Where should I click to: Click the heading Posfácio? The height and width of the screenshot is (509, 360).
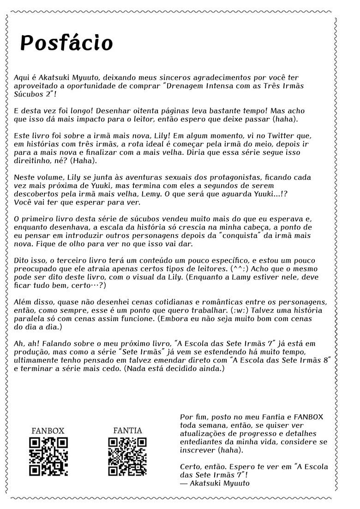pos(66,43)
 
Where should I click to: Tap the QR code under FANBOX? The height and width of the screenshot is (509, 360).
pos(48,456)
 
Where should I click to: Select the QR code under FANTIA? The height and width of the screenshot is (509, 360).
pos(127,456)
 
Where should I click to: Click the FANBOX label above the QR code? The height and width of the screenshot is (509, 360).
pos(48,430)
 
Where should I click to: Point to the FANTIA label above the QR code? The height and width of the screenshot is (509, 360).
pos(127,430)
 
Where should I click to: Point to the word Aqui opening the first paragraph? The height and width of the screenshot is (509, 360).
pos(22,78)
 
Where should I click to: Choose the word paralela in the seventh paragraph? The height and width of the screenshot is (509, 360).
pos(29,319)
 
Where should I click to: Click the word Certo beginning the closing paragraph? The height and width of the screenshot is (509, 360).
pos(190,467)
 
